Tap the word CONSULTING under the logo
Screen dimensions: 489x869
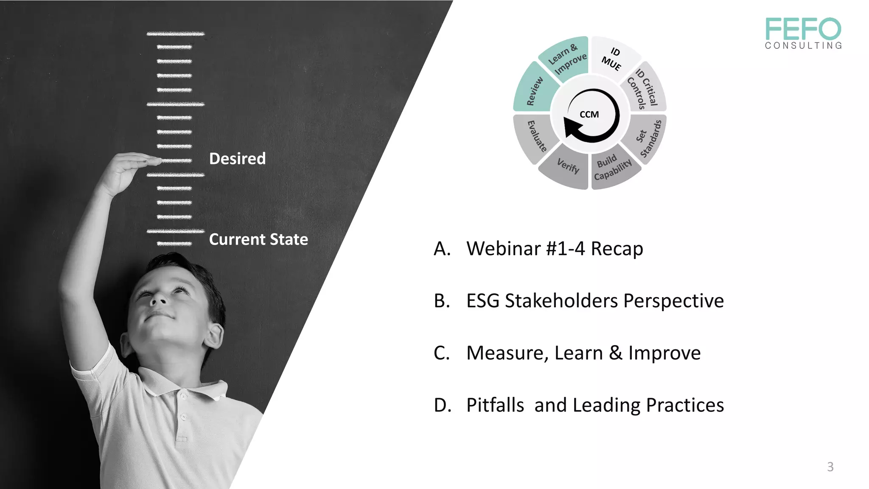(x=804, y=45)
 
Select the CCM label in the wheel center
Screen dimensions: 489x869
(x=589, y=115)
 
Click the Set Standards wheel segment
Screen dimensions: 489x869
(x=646, y=138)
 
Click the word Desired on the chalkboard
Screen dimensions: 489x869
(x=237, y=159)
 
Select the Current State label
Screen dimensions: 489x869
(x=258, y=239)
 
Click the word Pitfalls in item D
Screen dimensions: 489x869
(x=495, y=405)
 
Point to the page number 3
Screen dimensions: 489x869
(x=830, y=467)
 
